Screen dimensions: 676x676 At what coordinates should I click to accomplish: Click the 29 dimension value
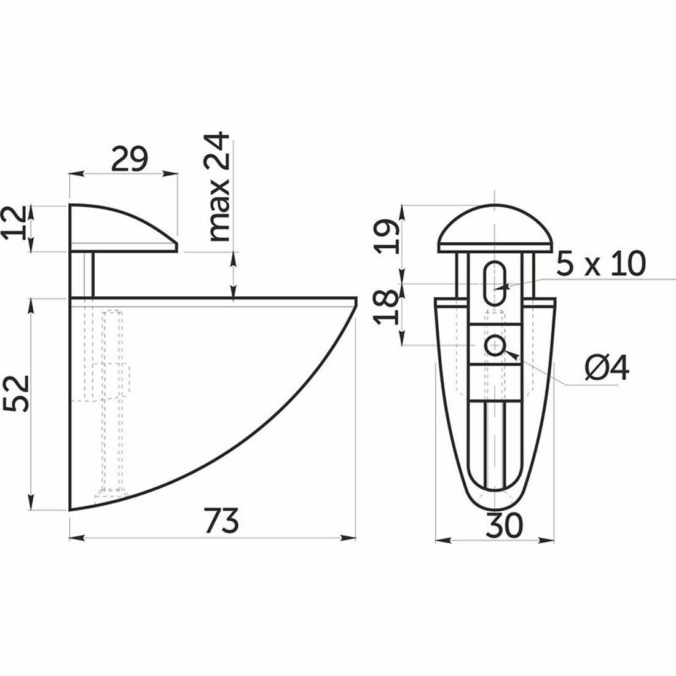pos(130,159)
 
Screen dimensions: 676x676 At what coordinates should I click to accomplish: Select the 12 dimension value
pos(14,223)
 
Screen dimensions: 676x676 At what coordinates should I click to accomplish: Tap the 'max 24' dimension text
pos(218,186)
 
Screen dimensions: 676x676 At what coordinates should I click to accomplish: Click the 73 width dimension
pos(221,521)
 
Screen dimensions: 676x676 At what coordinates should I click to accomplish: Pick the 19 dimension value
pos(387,236)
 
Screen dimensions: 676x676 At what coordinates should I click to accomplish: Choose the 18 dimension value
pos(387,307)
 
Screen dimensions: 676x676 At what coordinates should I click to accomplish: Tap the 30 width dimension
pos(505,525)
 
